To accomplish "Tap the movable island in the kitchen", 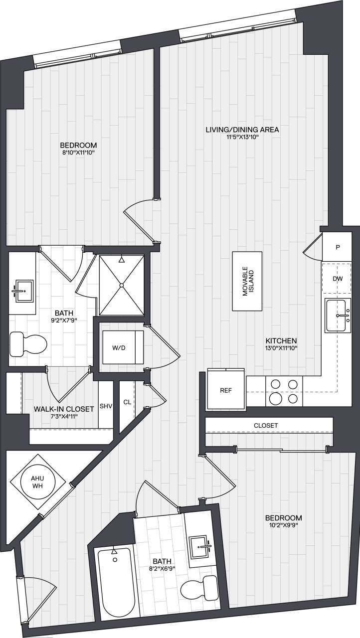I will click(247, 281).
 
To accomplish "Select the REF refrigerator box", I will click(226, 391).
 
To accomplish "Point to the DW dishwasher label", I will click(338, 278).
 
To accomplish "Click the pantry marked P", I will click(338, 247).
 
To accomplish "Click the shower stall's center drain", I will click(121, 285).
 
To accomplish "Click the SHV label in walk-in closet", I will click(106, 405).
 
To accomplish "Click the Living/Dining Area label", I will click(242, 130).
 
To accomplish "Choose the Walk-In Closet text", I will click(64, 409).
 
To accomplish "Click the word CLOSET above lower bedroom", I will click(266, 425).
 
